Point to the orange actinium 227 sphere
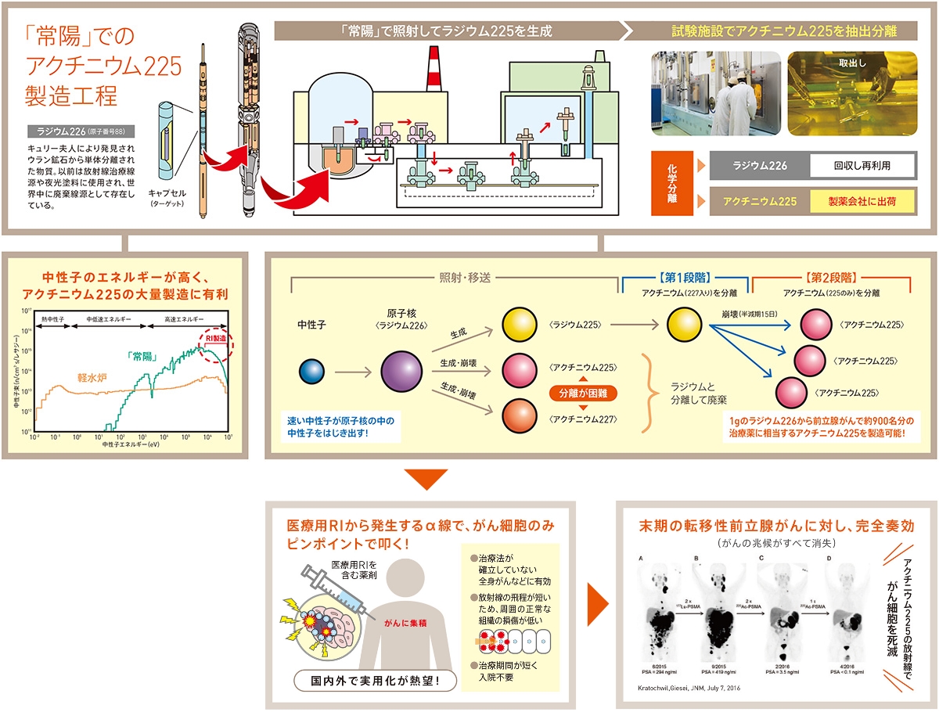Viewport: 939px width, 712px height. [517, 414]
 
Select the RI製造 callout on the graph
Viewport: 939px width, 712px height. [215, 338]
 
